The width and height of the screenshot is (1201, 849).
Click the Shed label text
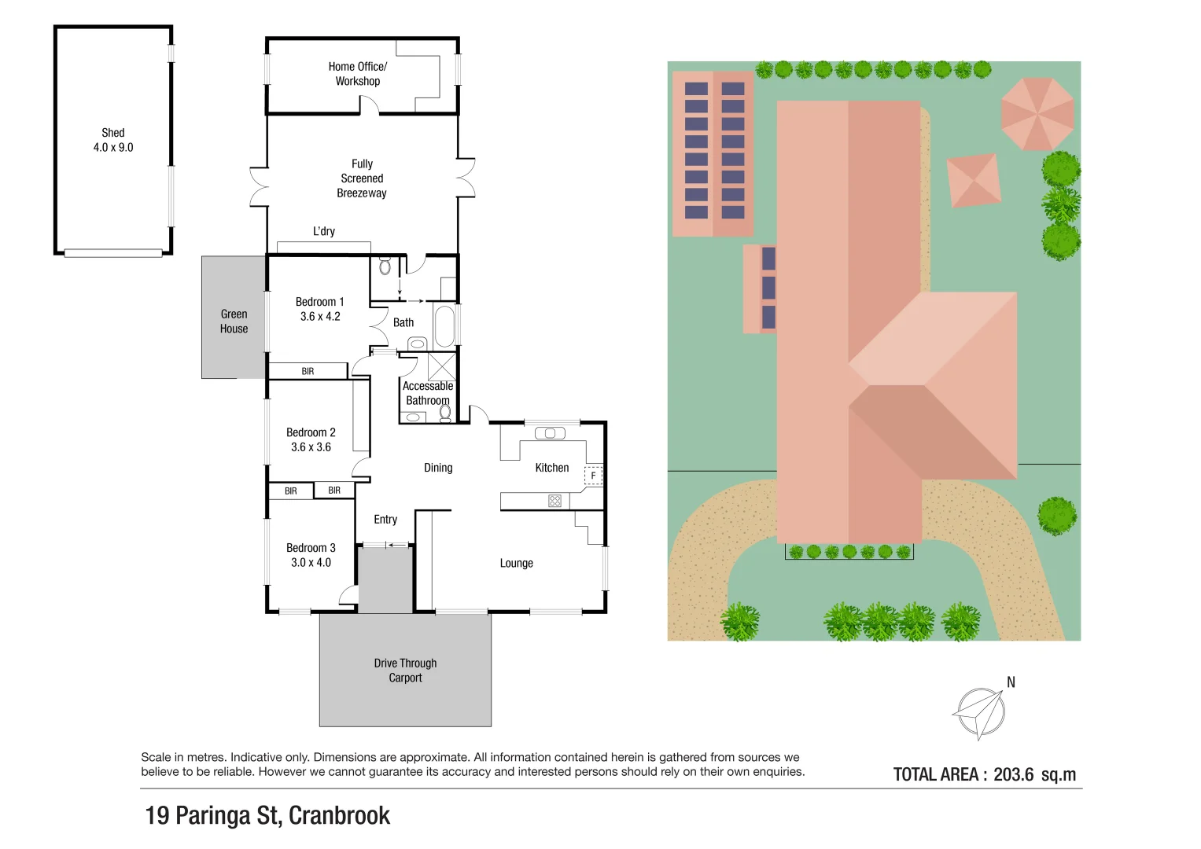(x=112, y=133)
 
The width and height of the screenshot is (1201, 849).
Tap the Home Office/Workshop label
(x=358, y=74)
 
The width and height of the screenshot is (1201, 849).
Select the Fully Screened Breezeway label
(x=362, y=178)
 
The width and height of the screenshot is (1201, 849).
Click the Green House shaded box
(x=234, y=318)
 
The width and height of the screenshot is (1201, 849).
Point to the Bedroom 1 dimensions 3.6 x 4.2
(x=320, y=317)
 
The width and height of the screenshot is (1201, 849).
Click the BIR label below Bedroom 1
(x=308, y=371)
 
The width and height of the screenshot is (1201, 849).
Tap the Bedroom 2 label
(x=311, y=432)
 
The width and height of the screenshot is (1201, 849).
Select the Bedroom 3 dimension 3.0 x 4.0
(x=311, y=563)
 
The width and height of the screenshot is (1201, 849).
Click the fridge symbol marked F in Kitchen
(x=593, y=476)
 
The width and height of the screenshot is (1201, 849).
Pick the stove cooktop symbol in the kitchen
(x=554, y=501)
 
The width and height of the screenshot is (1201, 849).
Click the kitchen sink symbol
(x=550, y=433)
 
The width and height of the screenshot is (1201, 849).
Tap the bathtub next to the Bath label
(x=444, y=325)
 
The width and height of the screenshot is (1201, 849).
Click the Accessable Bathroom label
(x=428, y=393)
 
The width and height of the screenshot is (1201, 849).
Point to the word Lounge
(x=516, y=563)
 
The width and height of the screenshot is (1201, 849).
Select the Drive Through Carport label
(x=405, y=671)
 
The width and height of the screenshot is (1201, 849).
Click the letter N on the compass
(x=1011, y=682)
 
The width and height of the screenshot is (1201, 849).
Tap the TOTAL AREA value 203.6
(x=1013, y=774)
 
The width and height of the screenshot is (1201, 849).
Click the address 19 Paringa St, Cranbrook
(x=267, y=816)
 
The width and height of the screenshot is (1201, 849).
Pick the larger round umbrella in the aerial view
(x=1037, y=114)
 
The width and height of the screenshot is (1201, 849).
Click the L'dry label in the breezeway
(x=324, y=231)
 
